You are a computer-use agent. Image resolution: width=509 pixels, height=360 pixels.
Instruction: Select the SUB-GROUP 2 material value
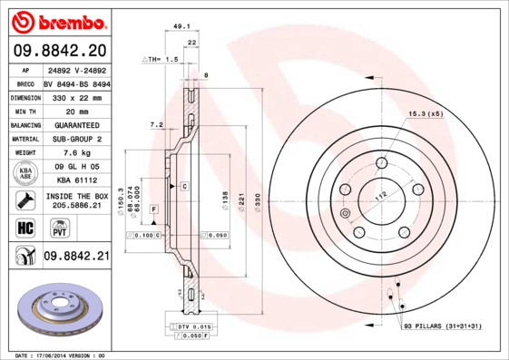click(x=71, y=139)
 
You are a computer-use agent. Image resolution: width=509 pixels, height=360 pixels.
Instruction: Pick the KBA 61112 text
click(x=71, y=181)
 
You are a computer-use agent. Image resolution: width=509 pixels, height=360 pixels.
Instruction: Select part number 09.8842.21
click(x=75, y=257)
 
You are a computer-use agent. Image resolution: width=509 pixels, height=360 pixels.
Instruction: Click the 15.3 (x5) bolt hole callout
click(x=425, y=113)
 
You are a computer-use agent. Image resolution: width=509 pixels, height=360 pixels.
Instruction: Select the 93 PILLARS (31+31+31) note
click(x=443, y=326)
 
